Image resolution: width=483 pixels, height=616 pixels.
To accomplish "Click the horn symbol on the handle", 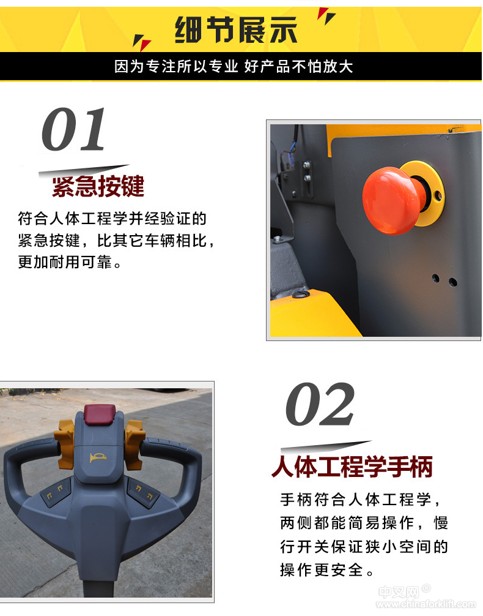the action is (x=97, y=457).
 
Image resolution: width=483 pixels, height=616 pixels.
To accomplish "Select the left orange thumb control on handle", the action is (x=65, y=443).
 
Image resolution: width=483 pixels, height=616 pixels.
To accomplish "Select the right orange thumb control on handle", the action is (x=135, y=444).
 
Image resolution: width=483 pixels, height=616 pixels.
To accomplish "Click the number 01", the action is (x=74, y=129).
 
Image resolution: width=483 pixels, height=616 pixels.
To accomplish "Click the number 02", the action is (x=320, y=404).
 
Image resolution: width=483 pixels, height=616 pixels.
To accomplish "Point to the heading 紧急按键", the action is (x=98, y=186).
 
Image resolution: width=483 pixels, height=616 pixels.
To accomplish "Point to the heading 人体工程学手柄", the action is (x=352, y=467).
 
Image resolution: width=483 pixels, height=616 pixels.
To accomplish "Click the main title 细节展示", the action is (x=236, y=30).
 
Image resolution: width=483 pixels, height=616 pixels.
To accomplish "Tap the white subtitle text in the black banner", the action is (x=234, y=66).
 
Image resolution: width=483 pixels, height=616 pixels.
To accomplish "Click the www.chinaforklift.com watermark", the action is (x=426, y=604).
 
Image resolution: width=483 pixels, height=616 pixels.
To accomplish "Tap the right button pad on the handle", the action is (x=143, y=491).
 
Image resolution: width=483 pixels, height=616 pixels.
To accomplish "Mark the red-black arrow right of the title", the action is (x=326, y=16).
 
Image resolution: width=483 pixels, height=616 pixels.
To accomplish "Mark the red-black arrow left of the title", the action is (x=141, y=42).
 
